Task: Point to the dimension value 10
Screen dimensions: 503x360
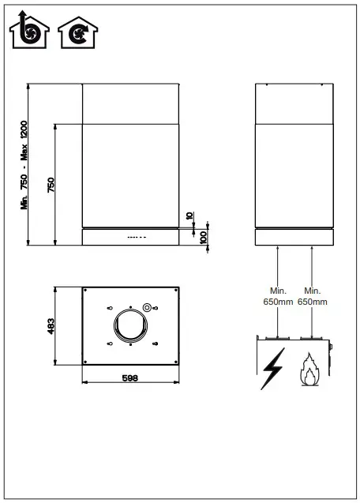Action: coord(189,216)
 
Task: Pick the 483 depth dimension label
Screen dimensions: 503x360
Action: coord(51,325)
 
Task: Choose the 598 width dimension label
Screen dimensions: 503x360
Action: coord(131,378)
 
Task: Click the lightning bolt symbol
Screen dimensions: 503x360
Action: coord(272,368)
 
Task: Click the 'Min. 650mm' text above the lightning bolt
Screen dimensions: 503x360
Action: coord(277,296)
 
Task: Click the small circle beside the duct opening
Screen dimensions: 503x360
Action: coord(146,307)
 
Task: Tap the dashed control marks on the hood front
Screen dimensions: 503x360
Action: coord(137,236)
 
